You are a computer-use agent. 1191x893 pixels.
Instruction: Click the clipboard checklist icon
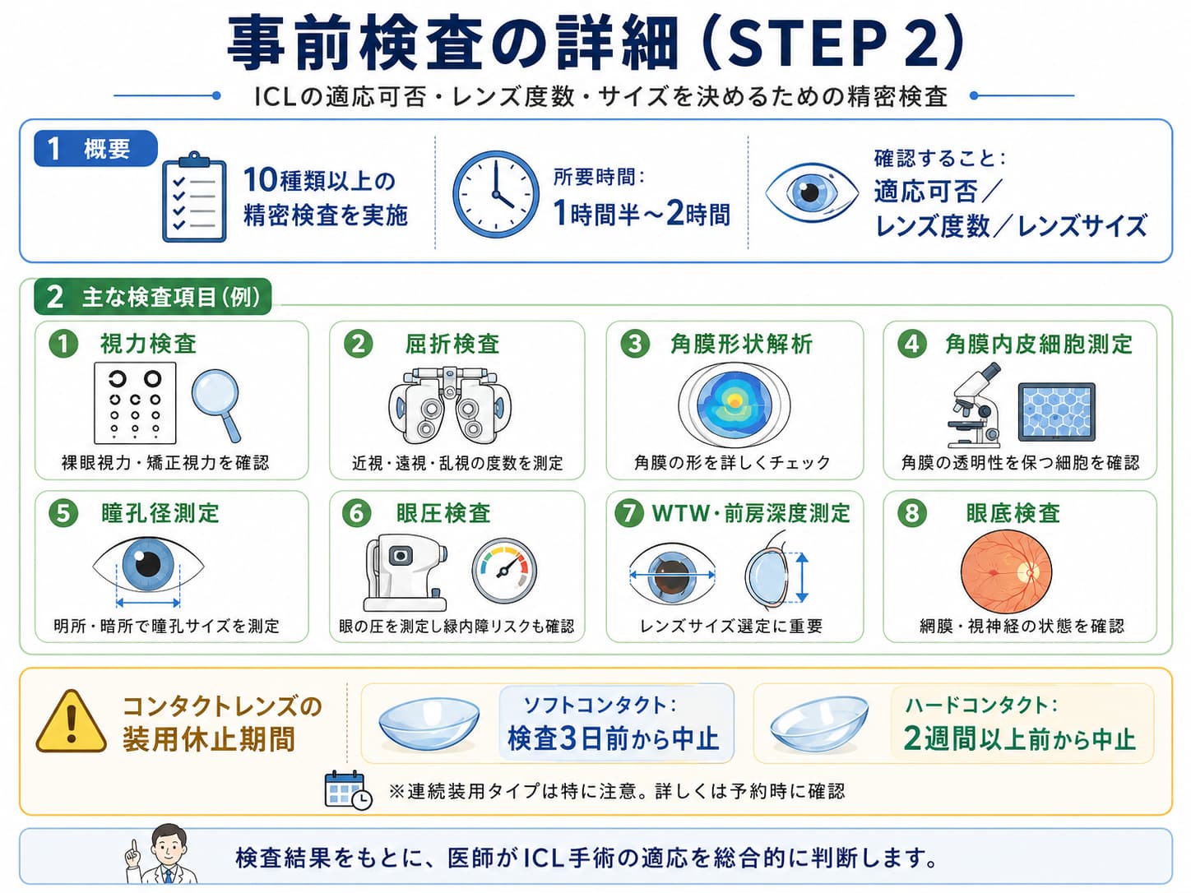pos(194,197)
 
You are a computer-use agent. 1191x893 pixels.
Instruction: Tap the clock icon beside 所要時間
pos(495,194)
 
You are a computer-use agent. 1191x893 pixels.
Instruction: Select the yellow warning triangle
pos(71,721)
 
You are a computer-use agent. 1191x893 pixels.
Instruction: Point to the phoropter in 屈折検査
pos(450,405)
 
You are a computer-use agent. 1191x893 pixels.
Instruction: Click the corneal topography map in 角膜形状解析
pos(735,404)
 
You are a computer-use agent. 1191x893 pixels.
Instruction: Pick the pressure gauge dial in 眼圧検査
pos(504,571)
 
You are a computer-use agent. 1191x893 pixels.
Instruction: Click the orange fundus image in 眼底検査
pos(1006,571)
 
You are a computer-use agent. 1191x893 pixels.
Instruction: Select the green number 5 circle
pos(63,513)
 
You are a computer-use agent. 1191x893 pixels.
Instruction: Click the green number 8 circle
pos(911,513)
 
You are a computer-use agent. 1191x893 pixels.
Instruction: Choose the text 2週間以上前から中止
pos(1019,738)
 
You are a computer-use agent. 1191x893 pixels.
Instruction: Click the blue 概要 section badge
pos(95,148)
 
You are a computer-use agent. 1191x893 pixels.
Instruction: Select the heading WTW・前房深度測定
pos(752,513)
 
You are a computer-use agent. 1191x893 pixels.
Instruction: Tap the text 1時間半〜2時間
pos(642,213)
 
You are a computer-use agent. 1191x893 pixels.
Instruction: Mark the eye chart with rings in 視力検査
pos(135,403)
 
